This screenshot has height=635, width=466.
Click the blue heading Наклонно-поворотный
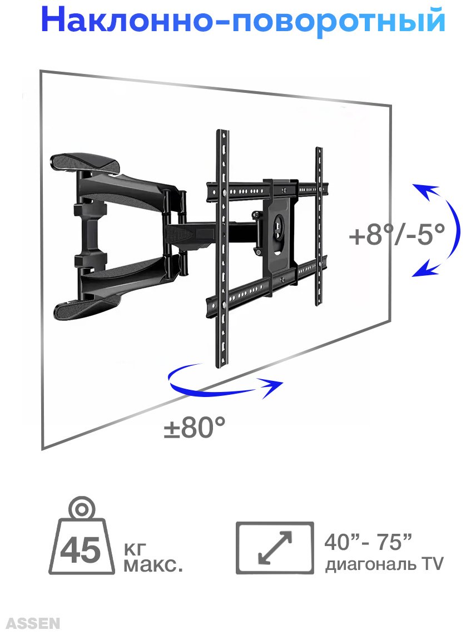coord(243,20)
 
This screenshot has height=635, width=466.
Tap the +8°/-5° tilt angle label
coord(397,234)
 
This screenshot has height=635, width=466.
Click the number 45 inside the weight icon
coord(80,550)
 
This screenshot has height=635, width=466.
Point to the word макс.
coord(153,564)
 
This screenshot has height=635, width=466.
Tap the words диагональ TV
coord(384,564)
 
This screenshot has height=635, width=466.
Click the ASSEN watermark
coord(33,623)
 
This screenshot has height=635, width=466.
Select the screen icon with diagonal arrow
coord(275,548)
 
